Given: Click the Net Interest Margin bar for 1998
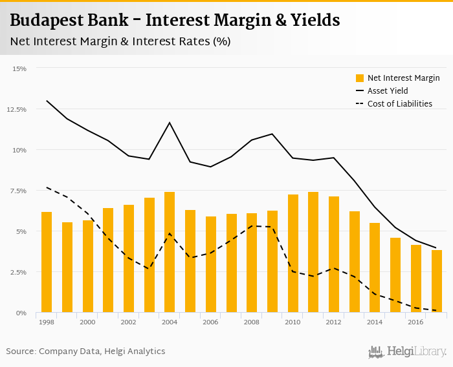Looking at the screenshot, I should click(46, 262).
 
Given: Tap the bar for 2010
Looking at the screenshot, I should click(293, 253).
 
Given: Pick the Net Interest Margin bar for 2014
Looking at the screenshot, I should click(375, 267).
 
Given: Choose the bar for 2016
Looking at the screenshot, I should click(415, 278).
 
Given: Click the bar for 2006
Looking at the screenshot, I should click(210, 264).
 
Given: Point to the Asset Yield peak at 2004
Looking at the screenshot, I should click(170, 123).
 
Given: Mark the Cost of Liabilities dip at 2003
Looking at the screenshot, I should click(149, 268).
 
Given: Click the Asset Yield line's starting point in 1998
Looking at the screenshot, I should click(47, 101).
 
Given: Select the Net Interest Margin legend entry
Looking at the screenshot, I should click(397, 78).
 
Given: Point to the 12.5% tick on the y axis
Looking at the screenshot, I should click(17, 109).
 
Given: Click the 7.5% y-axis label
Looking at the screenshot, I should click(18, 191).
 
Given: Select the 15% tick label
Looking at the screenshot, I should click(19, 68).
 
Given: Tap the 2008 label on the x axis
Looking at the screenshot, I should click(252, 322).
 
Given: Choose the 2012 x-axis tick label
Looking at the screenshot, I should click(334, 322).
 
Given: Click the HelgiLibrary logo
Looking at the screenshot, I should click(407, 351).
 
